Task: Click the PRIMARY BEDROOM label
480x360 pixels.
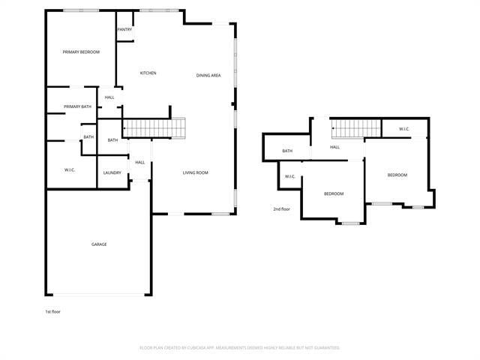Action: tap(82, 52)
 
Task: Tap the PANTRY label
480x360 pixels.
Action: tap(124, 30)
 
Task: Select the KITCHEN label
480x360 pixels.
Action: tap(148, 73)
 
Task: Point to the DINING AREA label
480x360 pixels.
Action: tap(208, 75)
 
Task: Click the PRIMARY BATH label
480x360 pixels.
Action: tap(77, 106)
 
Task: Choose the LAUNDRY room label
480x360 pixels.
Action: tap(112, 173)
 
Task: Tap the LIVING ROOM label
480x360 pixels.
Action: tap(196, 173)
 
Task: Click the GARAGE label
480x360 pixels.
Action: tap(99, 244)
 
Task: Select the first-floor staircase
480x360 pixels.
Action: tap(154, 128)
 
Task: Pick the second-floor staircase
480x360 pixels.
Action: tap(348, 129)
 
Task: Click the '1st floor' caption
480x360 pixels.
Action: tap(52, 311)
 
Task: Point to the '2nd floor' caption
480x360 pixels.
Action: tap(281, 209)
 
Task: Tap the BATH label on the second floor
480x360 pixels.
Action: tap(287, 151)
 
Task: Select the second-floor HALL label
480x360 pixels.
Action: tap(334, 147)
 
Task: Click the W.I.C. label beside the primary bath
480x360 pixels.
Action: tap(70, 170)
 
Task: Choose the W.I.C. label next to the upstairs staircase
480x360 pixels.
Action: tap(403, 129)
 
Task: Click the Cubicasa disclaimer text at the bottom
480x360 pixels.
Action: tap(240, 348)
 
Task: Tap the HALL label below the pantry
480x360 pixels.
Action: tap(109, 97)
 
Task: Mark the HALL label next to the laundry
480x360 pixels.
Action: tap(140, 162)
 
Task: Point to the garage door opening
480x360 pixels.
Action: tap(99, 294)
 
